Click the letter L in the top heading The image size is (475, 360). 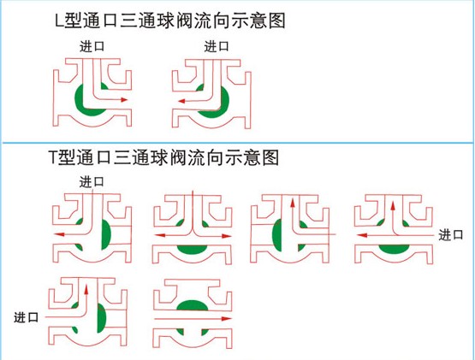pos(60,21)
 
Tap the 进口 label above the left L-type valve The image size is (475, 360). pos(92,46)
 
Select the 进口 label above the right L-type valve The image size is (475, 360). pos(217,46)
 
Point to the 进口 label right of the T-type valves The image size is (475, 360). pos(451,235)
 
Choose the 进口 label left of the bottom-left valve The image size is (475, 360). pos(26,317)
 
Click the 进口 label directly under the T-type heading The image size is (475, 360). pos(92,182)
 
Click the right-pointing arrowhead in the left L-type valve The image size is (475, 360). pos(124,99)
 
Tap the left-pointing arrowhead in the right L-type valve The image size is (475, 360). pos(181,101)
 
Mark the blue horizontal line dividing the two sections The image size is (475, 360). pos(238,142)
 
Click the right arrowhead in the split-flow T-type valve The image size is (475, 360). pos(227,236)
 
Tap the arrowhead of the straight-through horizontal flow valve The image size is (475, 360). pos(227,318)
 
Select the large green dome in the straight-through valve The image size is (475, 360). pos(193,305)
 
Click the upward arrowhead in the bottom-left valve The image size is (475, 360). pos(86,289)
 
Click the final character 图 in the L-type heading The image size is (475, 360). pos(277,21)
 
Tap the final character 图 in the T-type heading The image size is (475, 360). pos(270,157)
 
